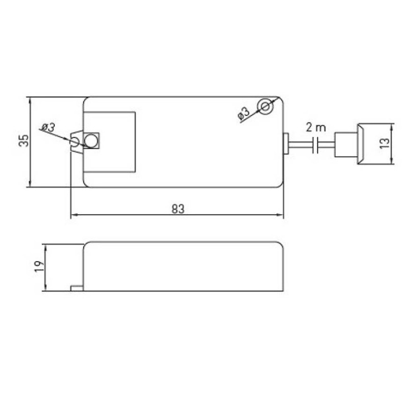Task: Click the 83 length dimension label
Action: pyautogui.click(x=178, y=209)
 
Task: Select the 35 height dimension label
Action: pyautogui.click(x=24, y=140)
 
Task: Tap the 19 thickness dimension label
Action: pyautogui.click(x=39, y=266)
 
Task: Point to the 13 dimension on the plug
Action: pyautogui.click(x=385, y=143)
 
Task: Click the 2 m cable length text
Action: pyautogui.click(x=315, y=128)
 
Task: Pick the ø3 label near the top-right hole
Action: pyautogui.click(x=244, y=113)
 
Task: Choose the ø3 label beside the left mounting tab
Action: pyautogui.click(x=48, y=127)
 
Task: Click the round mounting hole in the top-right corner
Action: pyautogui.click(x=265, y=106)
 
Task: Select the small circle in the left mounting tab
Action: pyautogui.click(x=74, y=142)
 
